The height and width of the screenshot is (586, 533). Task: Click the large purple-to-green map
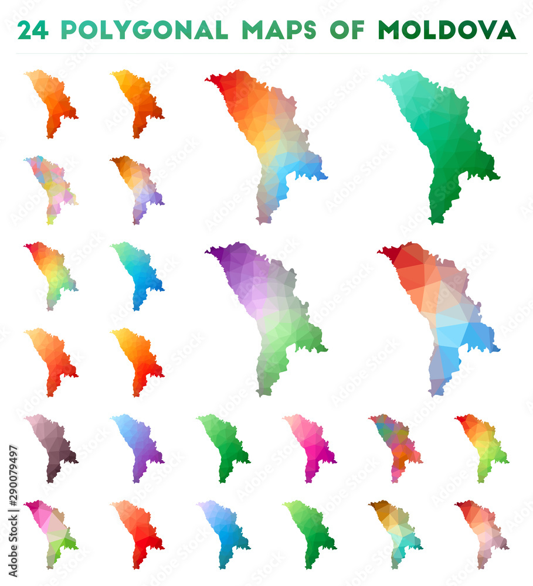270,311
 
